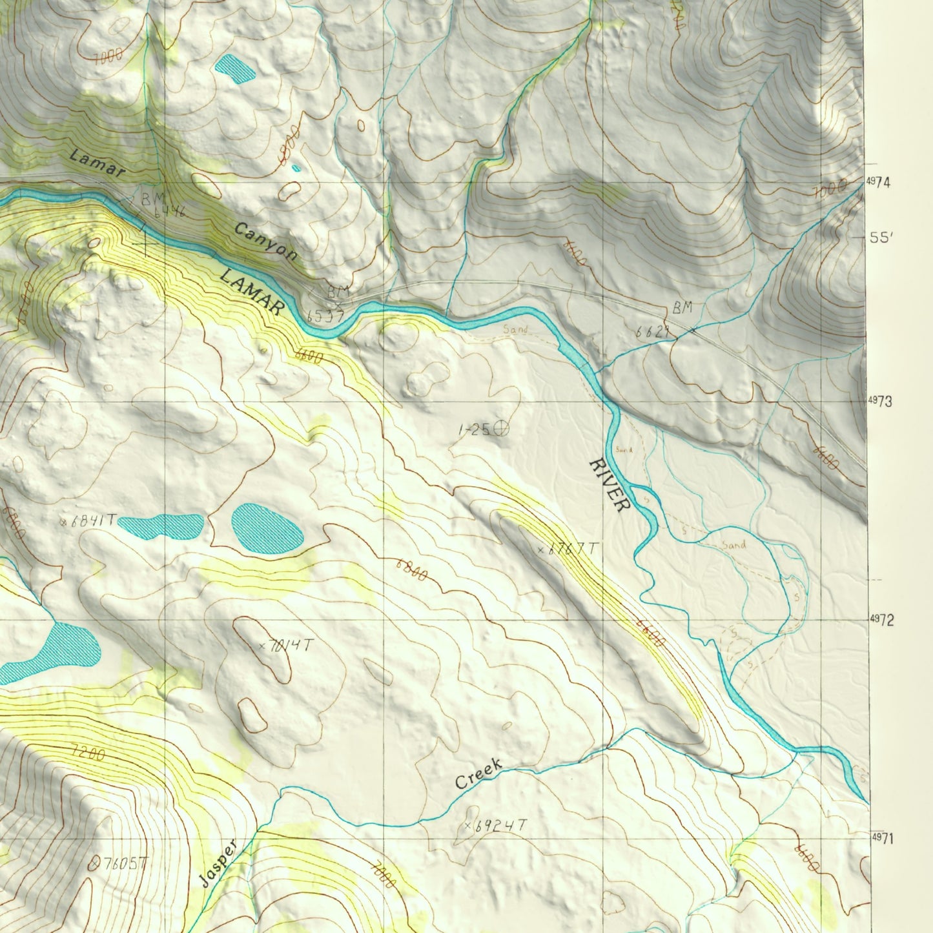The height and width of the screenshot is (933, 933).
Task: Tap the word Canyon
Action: click(266, 241)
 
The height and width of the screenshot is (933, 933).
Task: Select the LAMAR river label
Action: click(252, 292)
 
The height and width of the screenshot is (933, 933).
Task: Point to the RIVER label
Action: click(610, 485)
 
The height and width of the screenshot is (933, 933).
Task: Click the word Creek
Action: click(478, 774)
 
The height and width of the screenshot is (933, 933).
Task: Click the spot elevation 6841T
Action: click(90, 520)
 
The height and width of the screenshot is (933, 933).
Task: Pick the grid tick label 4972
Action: click(881, 620)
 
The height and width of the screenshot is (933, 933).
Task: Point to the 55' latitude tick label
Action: click(881, 238)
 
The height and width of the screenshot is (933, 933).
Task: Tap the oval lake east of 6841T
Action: click(267, 528)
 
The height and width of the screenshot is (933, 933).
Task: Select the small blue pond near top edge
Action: click(235, 68)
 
